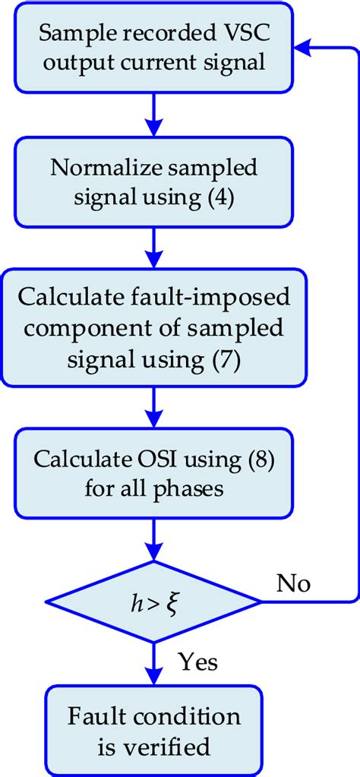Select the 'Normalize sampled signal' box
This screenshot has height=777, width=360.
click(x=154, y=183)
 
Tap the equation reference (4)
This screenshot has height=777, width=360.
click(x=220, y=197)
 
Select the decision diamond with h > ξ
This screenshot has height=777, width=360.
click(x=153, y=603)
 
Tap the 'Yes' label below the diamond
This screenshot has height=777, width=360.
click(x=197, y=663)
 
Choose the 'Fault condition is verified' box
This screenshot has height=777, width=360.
click(x=154, y=731)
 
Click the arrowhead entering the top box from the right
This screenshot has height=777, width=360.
click(x=302, y=47)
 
